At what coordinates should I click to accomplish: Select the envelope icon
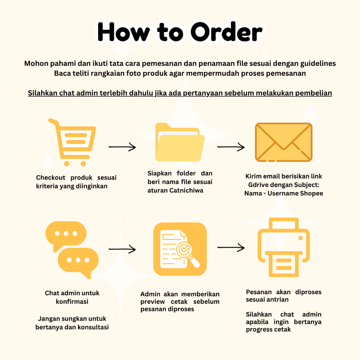click(x=283, y=142)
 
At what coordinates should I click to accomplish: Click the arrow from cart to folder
click(x=122, y=147)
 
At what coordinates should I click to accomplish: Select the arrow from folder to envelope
click(x=231, y=147)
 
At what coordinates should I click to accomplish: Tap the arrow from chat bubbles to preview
click(x=122, y=249)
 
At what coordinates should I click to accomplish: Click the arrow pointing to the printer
click(x=231, y=247)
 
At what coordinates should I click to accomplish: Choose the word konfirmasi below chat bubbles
click(x=72, y=301)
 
